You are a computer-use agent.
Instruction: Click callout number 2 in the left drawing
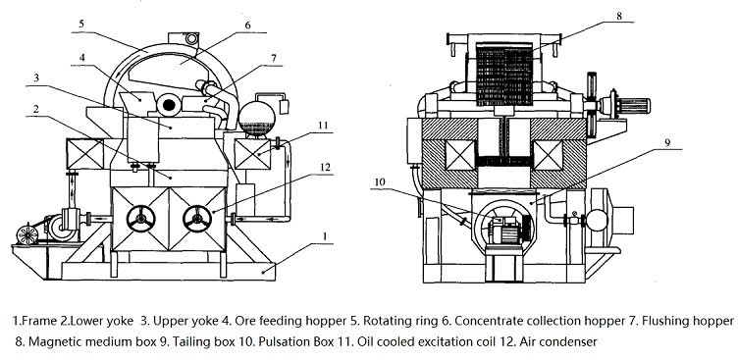(x=62, y=109)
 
